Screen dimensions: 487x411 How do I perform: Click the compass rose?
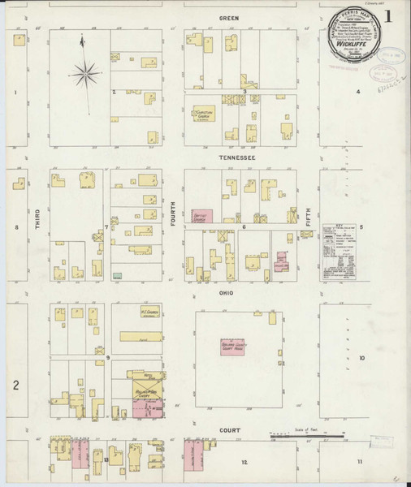tap(85, 75)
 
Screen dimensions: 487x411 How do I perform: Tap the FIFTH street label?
tap(309, 216)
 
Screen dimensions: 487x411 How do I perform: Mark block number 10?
tap(362, 358)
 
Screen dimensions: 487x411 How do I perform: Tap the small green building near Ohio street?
tap(119, 277)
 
